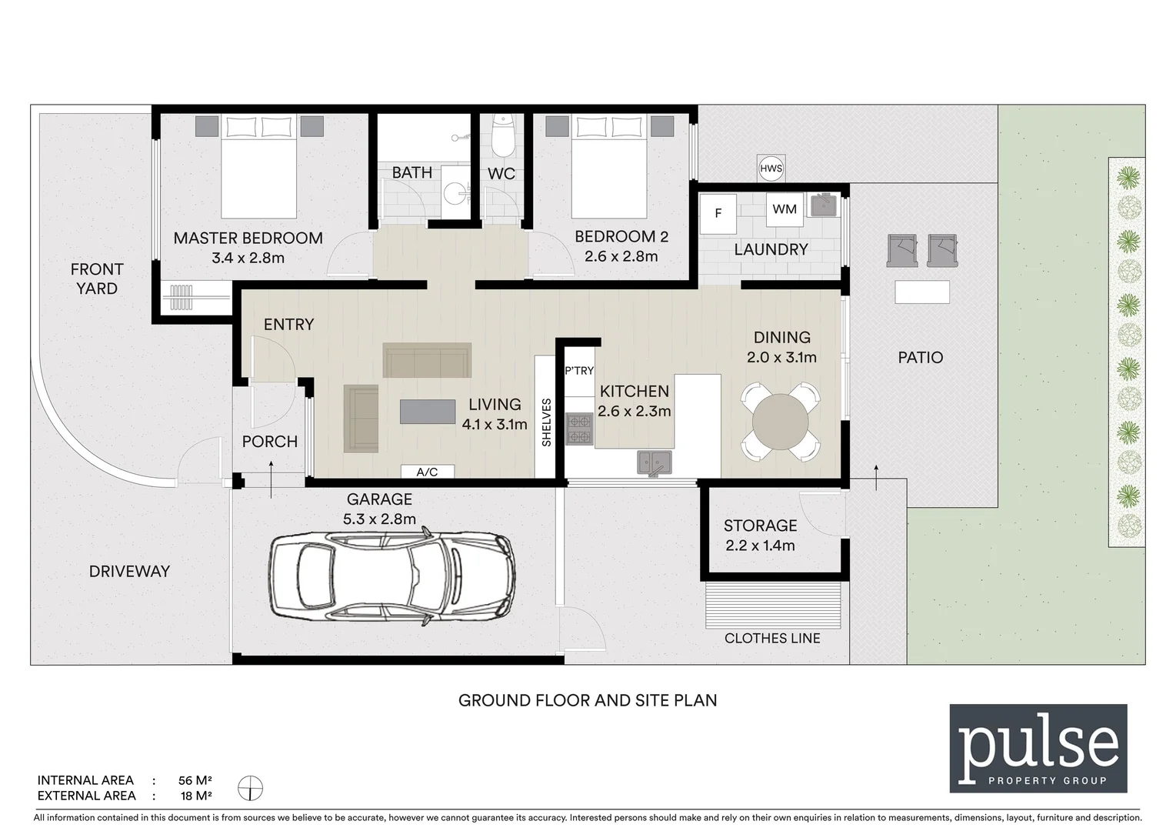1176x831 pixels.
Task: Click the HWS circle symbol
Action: pos(771,169)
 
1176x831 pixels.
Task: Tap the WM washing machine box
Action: pos(785,209)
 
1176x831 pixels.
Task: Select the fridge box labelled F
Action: pos(718,213)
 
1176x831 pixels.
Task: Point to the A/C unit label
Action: pos(427,472)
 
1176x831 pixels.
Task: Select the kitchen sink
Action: pos(654,462)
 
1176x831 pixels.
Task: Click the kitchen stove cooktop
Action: pos(578,430)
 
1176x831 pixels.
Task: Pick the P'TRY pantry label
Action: pos(579,371)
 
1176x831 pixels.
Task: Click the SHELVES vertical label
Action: pos(546,422)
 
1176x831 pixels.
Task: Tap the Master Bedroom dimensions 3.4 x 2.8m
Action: pos(248,258)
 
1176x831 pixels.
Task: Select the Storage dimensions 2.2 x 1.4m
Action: pos(760,546)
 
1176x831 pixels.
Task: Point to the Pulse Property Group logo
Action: pos(1038,748)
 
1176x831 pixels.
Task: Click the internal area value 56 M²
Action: pos(190,780)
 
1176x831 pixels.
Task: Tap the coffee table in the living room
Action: pos(428,412)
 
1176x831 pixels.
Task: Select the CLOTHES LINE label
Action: pos(772,638)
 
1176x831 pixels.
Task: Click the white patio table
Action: pos(921,292)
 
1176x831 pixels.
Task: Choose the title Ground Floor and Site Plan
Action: pos(588,700)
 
